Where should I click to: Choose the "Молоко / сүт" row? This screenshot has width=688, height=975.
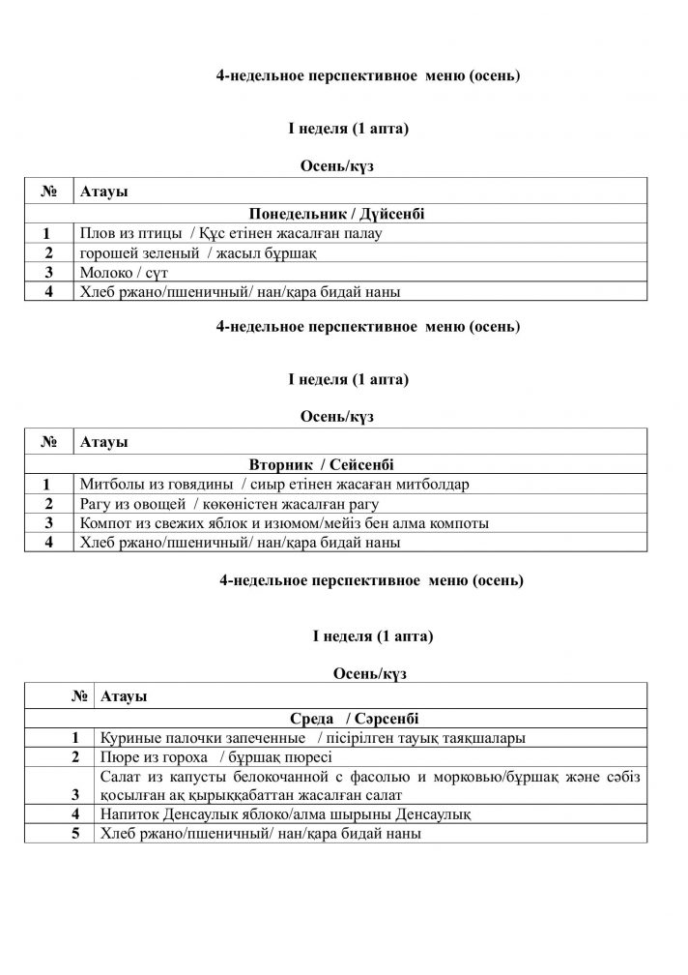[x=126, y=273]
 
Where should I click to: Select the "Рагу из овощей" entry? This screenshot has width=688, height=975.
[x=230, y=504]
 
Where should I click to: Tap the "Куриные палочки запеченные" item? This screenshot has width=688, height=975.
[x=312, y=738]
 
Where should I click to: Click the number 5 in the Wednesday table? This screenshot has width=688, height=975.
[x=73, y=833]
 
